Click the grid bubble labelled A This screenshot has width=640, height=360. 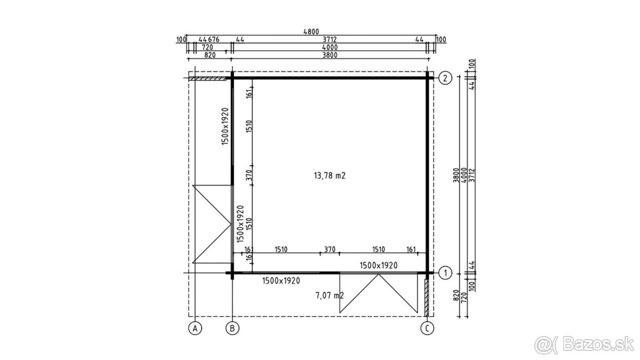coord(195,329)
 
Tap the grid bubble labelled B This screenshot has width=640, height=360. coord(233,329)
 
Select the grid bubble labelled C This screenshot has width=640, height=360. coord(427,329)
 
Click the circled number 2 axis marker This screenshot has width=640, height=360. coord(445,78)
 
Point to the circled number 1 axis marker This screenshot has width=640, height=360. coord(445,273)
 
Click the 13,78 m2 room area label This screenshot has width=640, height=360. coord(330,175)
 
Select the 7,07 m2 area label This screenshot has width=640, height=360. coord(330,295)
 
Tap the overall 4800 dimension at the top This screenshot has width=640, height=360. coord(311,31)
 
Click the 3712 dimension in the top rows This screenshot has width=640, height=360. coord(330,39)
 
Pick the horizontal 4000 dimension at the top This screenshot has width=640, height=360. coord(330,47)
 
